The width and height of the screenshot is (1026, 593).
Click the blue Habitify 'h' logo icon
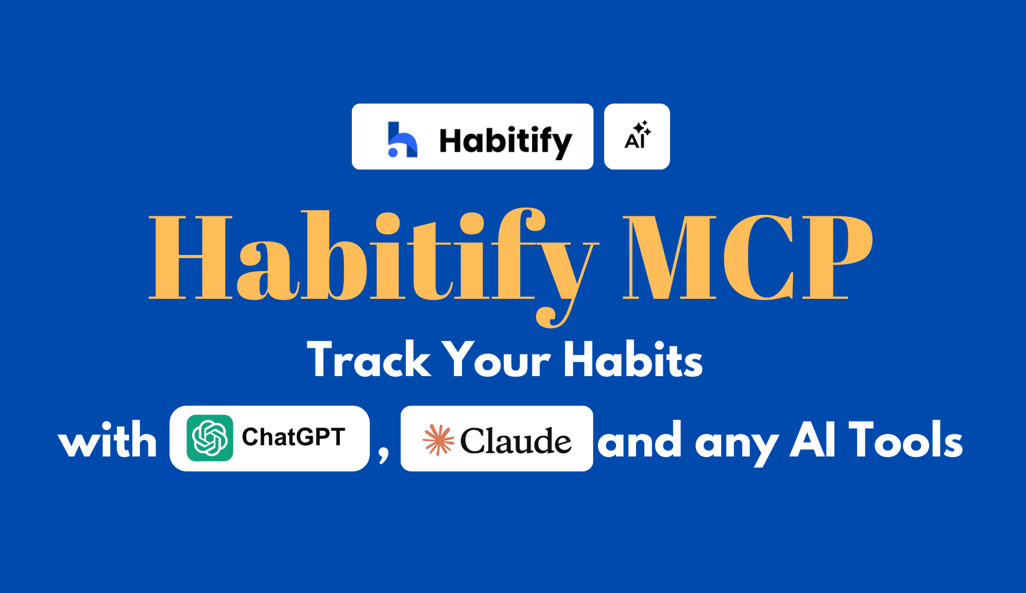[x=402, y=139]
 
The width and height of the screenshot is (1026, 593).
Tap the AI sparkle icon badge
[x=637, y=137]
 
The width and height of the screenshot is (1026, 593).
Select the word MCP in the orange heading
[x=748, y=257]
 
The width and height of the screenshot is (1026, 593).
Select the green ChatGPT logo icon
[x=210, y=438]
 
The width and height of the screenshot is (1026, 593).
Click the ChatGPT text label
[x=294, y=437]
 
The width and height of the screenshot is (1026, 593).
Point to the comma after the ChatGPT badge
[x=384, y=453]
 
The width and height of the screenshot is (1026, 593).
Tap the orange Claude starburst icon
[x=438, y=440]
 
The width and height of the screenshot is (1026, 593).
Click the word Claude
[x=516, y=441]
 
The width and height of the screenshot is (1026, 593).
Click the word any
[x=737, y=446]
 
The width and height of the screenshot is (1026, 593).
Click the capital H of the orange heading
[x=191, y=257]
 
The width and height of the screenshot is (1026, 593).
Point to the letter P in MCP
[x=837, y=257]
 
